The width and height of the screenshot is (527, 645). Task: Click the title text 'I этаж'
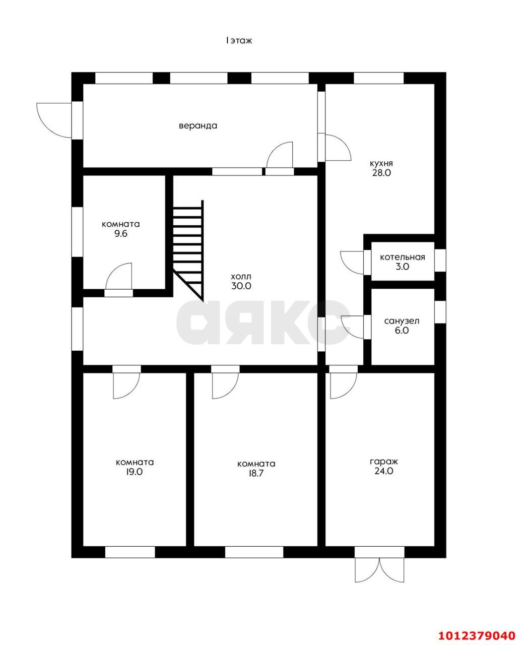239,40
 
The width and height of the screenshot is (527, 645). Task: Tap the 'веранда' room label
198,125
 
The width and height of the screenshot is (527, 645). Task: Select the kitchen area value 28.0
381,173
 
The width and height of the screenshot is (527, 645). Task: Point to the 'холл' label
241,277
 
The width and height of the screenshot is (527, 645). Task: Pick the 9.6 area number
121,234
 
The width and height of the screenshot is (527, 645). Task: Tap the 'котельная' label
403,257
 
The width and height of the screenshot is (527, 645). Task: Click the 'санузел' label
402,321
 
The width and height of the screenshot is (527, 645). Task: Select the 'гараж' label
384,462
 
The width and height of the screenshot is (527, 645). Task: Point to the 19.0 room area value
135,472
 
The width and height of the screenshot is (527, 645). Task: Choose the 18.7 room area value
256,474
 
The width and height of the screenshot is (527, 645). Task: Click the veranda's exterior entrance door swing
54,120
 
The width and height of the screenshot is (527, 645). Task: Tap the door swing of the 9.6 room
119,276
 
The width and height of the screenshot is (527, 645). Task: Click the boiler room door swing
352,263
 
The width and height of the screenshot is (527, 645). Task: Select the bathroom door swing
353,327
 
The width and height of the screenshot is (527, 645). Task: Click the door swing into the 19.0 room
126,385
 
